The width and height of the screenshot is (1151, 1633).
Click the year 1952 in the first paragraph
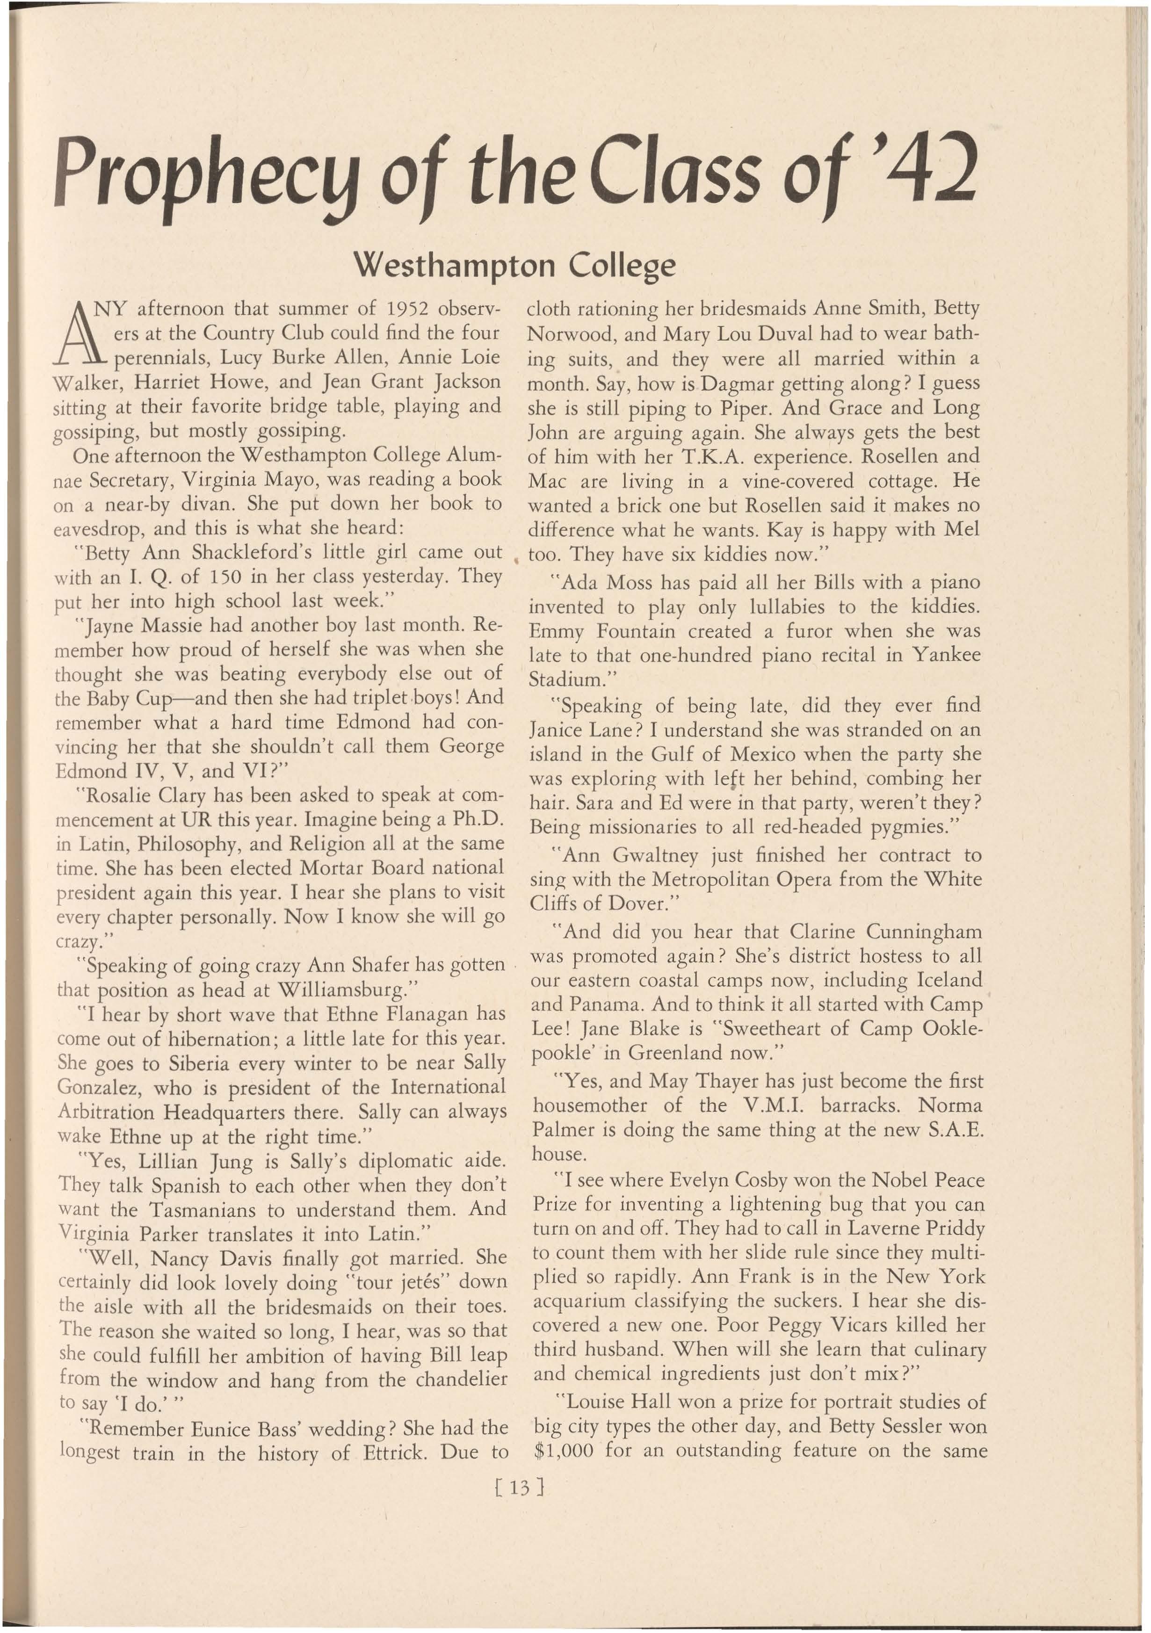(409, 310)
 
